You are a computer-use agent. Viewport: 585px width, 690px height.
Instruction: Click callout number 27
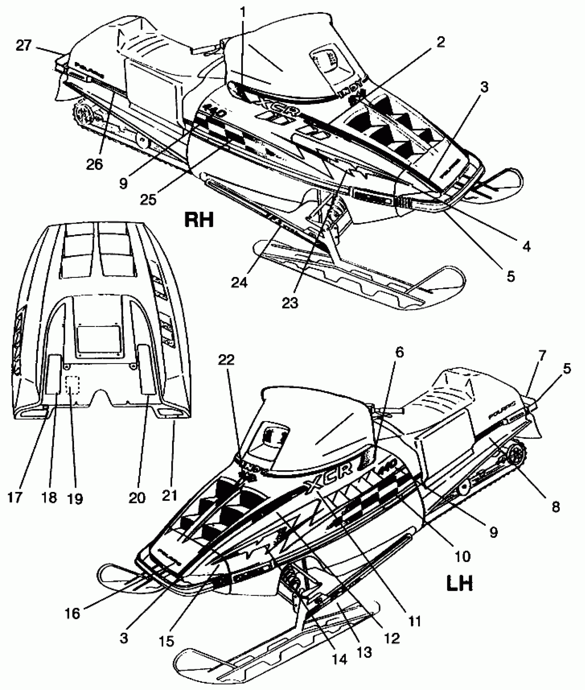24,45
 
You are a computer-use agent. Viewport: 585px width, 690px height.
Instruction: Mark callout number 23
289,303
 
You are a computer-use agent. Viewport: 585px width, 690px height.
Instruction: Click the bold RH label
199,219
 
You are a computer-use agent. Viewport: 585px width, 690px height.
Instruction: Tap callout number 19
75,498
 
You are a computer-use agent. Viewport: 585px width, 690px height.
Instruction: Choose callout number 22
226,360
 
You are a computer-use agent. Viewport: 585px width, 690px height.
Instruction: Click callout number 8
555,507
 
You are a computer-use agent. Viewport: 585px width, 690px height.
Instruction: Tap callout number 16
73,613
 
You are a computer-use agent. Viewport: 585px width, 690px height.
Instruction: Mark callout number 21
169,495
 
